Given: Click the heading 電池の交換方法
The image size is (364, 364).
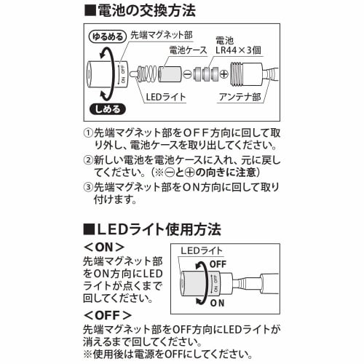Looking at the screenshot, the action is coord(140,11).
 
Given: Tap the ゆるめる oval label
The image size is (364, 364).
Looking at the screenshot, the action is coord(108,37).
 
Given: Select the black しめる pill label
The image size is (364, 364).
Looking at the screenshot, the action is coord(108,109).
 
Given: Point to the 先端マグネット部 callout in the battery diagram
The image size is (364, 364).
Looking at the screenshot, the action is coord(162,36).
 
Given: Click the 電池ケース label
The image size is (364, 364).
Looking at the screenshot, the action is coord(188,50).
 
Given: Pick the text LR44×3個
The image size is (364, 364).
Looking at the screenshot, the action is coord(238,50).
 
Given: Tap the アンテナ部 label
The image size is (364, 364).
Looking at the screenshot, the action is coord(240,97).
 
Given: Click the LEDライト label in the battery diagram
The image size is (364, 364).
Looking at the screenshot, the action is coord(166,97).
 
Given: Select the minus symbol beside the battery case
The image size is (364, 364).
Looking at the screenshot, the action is coord(187,74).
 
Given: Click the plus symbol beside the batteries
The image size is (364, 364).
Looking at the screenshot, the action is coord(224,74).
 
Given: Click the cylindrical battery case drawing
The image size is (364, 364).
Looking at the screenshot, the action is coord(170,74).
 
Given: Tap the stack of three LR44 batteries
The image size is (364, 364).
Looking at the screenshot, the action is coord(206,74).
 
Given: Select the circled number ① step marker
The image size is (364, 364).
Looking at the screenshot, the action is coord(88,132).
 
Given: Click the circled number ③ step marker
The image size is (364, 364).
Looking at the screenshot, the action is coord(88,187).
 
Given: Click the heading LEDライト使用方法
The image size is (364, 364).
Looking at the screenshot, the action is coord(152,229).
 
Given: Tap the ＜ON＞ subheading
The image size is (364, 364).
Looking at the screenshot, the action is coord(104,248).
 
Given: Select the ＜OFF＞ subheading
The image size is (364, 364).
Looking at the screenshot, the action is coord(108,315).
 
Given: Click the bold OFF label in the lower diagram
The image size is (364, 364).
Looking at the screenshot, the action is coord(218,264).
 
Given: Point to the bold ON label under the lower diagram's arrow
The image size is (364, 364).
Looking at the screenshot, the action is coord(217,303).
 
